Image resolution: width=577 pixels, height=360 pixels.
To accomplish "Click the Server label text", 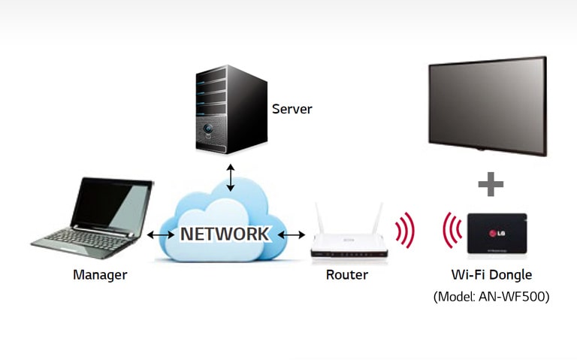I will tap(292, 109).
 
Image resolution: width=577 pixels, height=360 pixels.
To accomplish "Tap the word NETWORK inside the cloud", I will tap(223, 234).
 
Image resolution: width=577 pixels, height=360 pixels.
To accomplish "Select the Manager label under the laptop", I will tap(100, 275).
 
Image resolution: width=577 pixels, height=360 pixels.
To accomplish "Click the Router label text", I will tap(346, 275).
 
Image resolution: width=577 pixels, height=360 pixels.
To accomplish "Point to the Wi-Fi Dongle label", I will tap(491, 275).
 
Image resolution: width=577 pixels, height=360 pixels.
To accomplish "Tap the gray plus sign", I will tap(490, 184).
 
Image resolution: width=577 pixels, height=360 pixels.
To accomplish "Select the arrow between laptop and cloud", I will tap(160, 234).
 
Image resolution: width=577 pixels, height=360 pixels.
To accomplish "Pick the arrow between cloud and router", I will tap(292, 235).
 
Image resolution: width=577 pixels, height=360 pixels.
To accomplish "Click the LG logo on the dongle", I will tap(497, 230).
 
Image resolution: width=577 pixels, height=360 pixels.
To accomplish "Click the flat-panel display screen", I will tap(486, 104).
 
